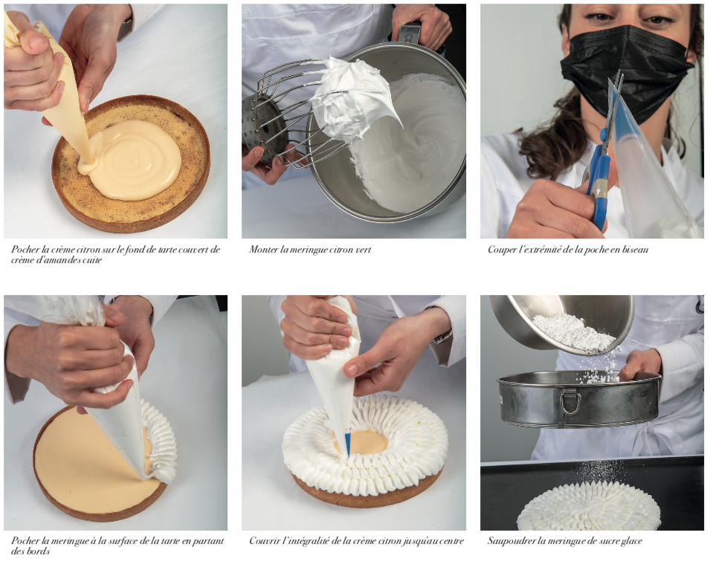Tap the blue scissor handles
click(598, 181)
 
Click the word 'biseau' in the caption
click(636, 250)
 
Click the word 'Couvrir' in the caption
click(264, 540)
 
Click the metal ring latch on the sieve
click(569, 403)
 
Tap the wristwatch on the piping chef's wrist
click(443, 336)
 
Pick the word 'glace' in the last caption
click(631, 542)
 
